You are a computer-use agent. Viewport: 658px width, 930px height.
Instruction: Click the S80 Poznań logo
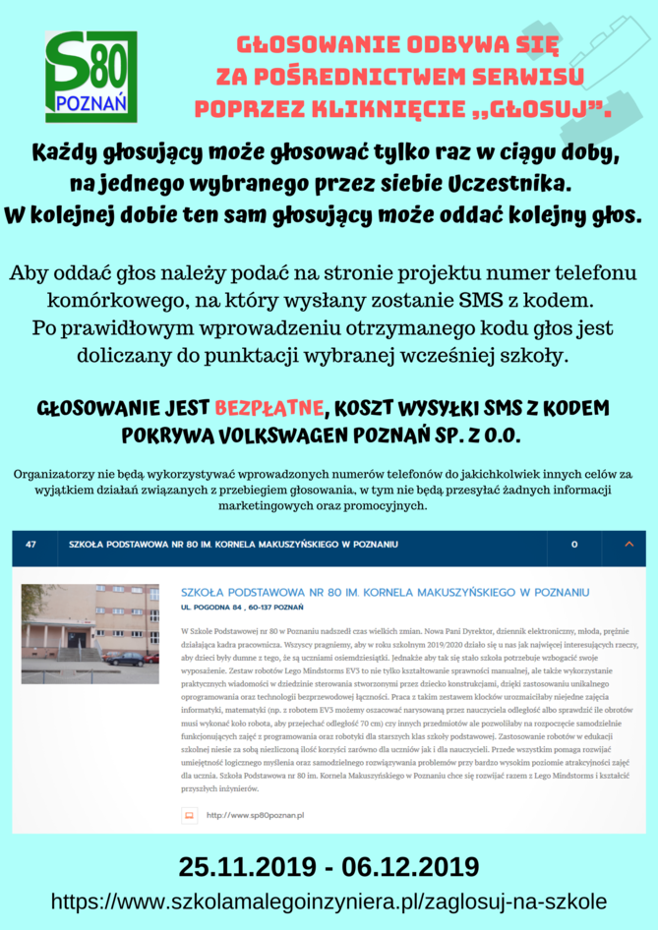[x=90, y=77]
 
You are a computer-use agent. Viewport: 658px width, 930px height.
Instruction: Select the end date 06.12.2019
[x=407, y=866]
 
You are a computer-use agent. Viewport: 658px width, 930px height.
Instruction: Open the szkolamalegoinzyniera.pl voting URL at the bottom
[x=329, y=901]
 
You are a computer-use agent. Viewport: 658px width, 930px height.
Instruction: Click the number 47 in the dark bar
[x=30, y=544]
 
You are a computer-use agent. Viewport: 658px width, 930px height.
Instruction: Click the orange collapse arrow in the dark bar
[x=628, y=544]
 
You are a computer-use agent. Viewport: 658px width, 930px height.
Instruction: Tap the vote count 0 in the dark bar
[x=573, y=544]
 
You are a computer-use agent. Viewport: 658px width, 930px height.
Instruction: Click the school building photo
[x=90, y=633]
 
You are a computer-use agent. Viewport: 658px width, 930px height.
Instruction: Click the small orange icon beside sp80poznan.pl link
[x=189, y=815]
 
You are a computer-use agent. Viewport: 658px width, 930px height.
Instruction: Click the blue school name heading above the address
[x=385, y=592]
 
